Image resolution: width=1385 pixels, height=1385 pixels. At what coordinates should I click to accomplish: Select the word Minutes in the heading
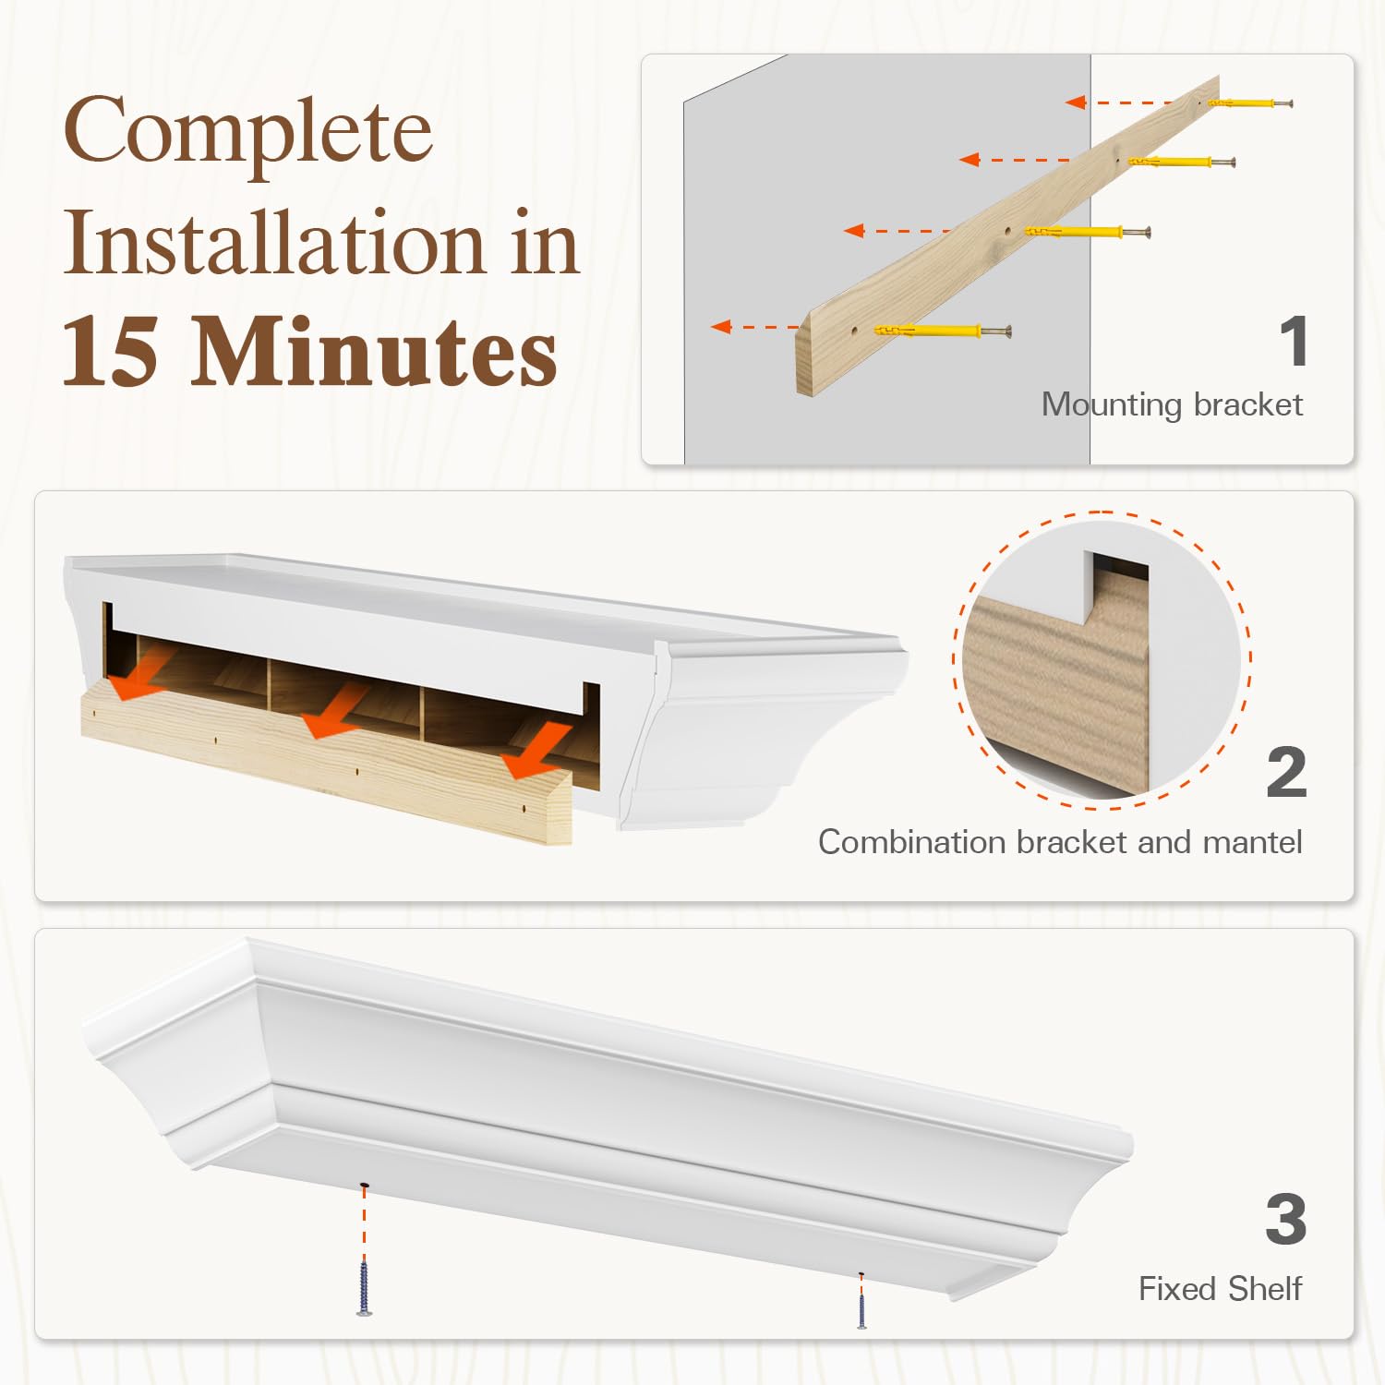[375, 352]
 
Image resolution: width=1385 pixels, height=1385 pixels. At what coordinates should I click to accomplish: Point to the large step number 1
[1295, 341]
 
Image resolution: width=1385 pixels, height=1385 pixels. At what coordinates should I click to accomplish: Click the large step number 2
[1287, 772]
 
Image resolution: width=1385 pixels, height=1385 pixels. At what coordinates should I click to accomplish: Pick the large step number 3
[1286, 1219]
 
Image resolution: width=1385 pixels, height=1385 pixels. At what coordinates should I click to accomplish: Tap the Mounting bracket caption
[1172, 404]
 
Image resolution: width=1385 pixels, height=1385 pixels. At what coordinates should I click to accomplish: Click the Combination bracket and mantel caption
[1060, 841]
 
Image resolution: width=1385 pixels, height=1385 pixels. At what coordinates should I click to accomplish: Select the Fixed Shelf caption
[1220, 1288]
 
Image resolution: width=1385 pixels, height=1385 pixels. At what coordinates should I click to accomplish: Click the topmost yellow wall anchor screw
[1249, 102]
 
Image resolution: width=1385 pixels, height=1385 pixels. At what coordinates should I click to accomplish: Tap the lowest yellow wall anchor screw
[943, 331]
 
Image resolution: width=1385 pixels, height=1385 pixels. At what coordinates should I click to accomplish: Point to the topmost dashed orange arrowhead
[1075, 102]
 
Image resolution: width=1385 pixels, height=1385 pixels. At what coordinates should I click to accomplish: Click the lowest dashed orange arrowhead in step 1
[721, 326]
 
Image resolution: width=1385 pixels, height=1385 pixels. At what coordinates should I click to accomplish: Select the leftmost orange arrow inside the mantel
[140, 673]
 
